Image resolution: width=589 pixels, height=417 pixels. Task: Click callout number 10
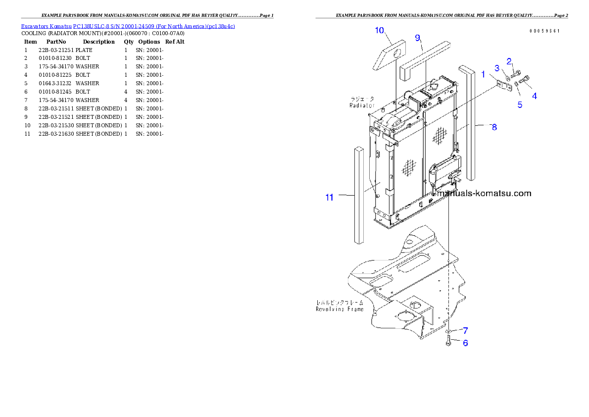[x=380, y=31]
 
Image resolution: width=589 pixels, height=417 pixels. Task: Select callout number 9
[x=418, y=38]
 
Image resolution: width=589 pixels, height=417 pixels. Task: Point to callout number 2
[x=509, y=61]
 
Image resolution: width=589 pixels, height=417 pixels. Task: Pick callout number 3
[x=497, y=68]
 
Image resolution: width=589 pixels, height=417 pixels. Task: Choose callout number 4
[x=535, y=96]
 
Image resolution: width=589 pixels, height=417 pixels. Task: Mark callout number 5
[x=520, y=104]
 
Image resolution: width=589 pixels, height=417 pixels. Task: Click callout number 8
[x=494, y=127]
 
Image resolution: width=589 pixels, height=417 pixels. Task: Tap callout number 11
[x=330, y=197]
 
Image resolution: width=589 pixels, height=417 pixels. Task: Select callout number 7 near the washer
[x=466, y=330]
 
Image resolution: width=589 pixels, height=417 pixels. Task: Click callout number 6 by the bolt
[x=465, y=343]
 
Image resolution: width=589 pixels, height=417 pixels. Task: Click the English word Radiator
[x=362, y=105]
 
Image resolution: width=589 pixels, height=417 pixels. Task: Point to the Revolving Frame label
[x=340, y=309]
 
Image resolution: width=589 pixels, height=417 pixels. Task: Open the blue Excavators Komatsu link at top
[x=128, y=26]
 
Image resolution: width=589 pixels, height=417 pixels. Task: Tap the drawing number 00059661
[x=544, y=31]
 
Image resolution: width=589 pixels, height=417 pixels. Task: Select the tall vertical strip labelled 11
[x=359, y=196]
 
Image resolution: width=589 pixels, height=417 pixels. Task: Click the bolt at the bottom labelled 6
[x=448, y=342]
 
